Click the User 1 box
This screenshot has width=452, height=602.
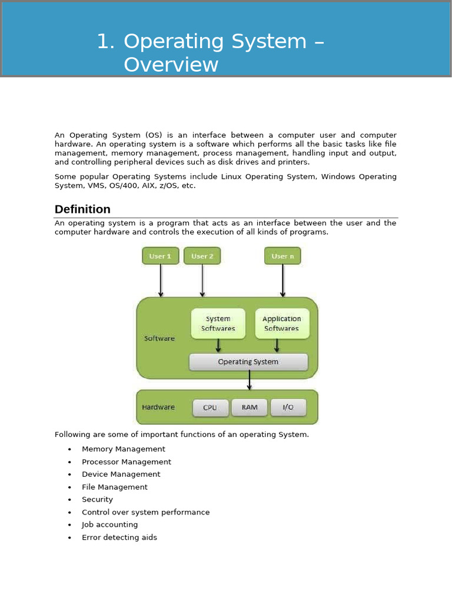tap(160, 256)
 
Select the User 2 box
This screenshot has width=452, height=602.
tap(202, 256)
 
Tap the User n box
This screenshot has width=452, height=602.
tap(282, 256)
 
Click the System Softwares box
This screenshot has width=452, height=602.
tap(218, 323)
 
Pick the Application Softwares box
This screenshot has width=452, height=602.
tap(281, 323)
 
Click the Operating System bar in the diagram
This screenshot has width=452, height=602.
tap(248, 362)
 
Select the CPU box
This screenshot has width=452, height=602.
tap(210, 407)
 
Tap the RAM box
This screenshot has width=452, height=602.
tap(249, 407)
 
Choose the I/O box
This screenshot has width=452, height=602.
tap(288, 407)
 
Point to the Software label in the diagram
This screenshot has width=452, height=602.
tap(159, 338)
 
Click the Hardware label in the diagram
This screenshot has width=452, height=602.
tap(158, 407)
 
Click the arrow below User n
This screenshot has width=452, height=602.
tap(282, 280)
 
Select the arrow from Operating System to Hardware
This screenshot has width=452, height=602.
tap(250, 380)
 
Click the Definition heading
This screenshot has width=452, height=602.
tap(82, 209)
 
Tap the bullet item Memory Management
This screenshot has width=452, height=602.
tap(123, 449)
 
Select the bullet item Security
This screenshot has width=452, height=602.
tap(97, 500)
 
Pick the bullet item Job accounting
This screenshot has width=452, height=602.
tap(109, 525)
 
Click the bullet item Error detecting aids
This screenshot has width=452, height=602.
tap(119, 537)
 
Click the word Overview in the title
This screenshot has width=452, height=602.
tap(171, 65)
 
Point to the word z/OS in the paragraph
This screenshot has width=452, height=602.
tap(171, 186)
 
